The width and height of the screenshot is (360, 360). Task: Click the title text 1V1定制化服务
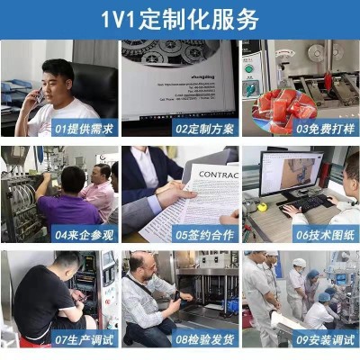pyautogui.click(x=180, y=18)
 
